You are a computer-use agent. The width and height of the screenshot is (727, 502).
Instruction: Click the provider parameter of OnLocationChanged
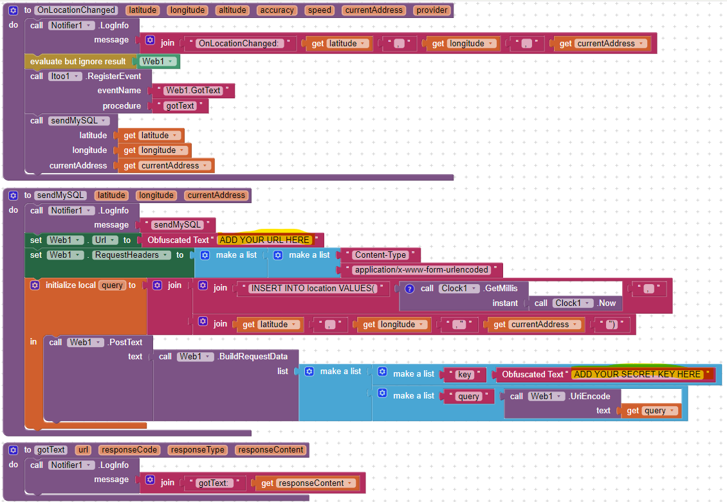pos(432,10)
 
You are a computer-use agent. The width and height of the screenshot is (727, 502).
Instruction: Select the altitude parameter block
pos(232,10)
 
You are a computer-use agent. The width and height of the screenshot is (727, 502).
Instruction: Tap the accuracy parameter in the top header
pos(277,10)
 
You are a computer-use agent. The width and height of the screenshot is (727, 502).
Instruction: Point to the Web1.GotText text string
pos(192,91)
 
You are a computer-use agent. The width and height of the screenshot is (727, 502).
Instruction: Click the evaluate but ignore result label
pos(78,61)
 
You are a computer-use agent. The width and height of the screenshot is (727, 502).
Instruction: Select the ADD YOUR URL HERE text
pos(264,240)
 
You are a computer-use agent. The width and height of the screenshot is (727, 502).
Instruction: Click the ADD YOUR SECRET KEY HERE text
pos(637,374)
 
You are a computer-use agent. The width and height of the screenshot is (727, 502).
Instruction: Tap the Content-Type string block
pos(380,255)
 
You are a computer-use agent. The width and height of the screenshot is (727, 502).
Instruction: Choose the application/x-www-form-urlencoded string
pos(422,270)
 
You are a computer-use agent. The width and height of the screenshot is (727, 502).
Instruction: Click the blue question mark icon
pos(409,289)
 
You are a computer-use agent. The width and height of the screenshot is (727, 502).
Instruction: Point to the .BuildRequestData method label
pos(252,356)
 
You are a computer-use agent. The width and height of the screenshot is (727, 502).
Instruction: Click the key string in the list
pos(464,374)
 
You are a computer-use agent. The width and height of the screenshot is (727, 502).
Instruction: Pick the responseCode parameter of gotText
pos(129,450)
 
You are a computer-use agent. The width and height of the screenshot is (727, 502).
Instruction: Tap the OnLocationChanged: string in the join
pos(237,44)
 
